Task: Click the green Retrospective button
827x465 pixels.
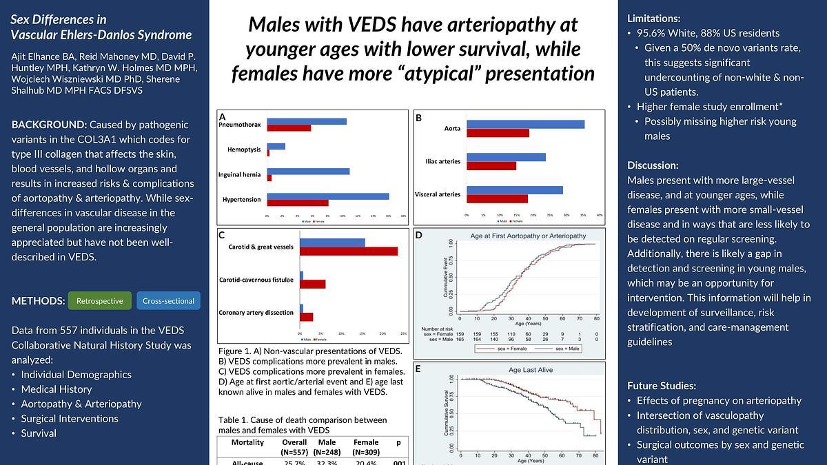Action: coord(100,301)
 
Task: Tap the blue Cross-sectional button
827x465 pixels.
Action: coord(168,301)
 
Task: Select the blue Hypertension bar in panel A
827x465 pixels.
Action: coord(328,196)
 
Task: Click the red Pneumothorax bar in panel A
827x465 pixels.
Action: coord(289,128)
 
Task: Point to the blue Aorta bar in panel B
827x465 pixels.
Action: coord(525,124)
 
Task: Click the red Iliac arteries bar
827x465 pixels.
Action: coord(491,165)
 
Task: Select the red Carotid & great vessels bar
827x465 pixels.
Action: coord(349,251)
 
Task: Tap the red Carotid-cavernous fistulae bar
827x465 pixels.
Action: coord(312,284)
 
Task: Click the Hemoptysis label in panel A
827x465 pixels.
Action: coord(244,149)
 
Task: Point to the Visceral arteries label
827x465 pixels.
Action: coord(438,194)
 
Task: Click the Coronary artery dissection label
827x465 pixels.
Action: coord(256,313)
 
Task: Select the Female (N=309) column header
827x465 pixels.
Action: coord(366,447)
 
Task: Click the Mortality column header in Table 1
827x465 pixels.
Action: coord(247,442)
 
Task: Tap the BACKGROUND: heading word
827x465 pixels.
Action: coord(48,125)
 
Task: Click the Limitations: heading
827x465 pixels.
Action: coord(654,19)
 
